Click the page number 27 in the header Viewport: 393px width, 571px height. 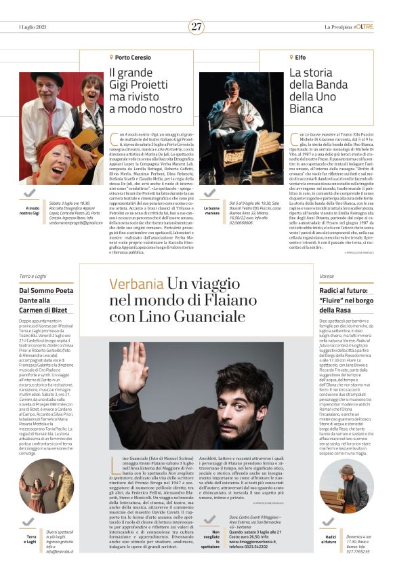(196, 27)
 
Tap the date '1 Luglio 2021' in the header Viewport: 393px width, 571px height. (34, 27)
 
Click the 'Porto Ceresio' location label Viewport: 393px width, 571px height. (133, 58)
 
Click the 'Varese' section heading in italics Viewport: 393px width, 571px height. (327, 277)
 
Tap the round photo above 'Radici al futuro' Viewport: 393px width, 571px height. (346, 485)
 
